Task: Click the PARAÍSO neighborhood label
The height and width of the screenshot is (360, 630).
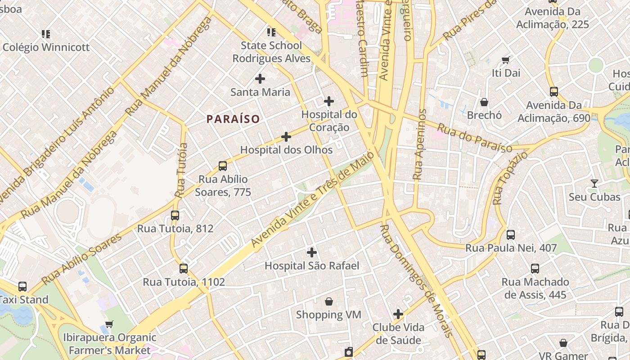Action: pyautogui.click(x=233, y=119)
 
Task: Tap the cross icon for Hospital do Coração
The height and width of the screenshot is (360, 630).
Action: pyautogui.click(x=329, y=101)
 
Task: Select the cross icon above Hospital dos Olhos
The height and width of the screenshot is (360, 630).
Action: pyautogui.click(x=286, y=137)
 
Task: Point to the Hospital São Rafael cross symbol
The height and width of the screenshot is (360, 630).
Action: pyautogui.click(x=311, y=252)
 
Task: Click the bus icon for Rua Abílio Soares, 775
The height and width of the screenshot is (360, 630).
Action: pyautogui.click(x=223, y=166)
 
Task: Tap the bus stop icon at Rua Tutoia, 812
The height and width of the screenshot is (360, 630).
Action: pyautogui.click(x=175, y=216)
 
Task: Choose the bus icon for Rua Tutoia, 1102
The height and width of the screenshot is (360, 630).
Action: pyautogui.click(x=184, y=269)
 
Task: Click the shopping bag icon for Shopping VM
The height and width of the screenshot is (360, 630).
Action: pyautogui.click(x=329, y=301)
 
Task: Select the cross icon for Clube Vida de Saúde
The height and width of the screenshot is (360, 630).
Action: pyautogui.click(x=398, y=314)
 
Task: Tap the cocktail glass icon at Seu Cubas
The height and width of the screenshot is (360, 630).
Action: pyautogui.click(x=594, y=184)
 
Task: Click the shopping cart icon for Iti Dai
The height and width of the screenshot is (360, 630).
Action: pyautogui.click(x=506, y=60)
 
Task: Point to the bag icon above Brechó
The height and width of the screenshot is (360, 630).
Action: pyautogui.click(x=484, y=102)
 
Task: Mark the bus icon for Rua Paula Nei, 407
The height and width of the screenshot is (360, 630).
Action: pyautogui.click(x=511, y=234)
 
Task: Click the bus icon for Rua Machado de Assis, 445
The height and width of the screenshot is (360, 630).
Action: pyautogui.click(x=535, y=269)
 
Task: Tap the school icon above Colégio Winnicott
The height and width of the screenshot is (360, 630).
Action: pyautogui.click(x=46, y=34)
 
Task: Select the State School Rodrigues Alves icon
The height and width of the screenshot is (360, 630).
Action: pyautogui.click(x=271, y=32)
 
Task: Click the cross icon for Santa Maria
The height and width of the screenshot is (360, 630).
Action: pyautogui.click(x=260, y=79)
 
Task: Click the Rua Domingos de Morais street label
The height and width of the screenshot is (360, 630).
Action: pyautogui.click(x=415, y=281)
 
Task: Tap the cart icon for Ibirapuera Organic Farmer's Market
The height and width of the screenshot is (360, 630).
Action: pyautogui.click(x=109, y=324)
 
